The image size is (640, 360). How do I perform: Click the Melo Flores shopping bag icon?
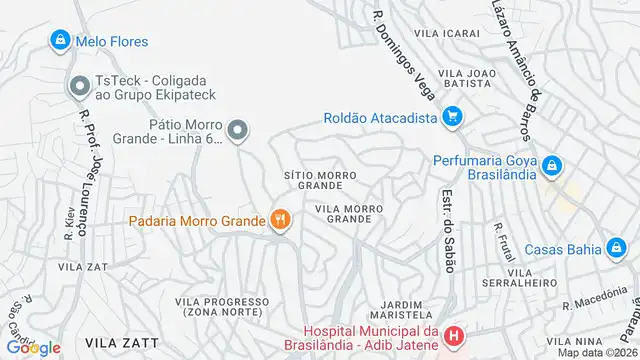pos(59,41)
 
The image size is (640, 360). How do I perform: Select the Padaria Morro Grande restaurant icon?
pos(281,219)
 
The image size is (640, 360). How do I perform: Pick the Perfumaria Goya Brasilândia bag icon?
pos(551,162)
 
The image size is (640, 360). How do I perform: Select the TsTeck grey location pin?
pos(77,87)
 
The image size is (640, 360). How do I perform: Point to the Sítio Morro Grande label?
pos(320,180)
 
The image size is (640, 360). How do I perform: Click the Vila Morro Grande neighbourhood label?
pos(349,213)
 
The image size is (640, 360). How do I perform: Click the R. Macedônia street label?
pos(596,301)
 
